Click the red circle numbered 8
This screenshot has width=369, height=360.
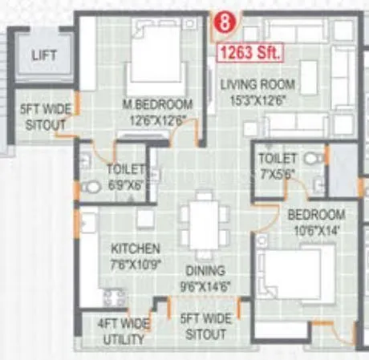point(227,23)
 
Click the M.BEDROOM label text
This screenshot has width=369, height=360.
point(157,104)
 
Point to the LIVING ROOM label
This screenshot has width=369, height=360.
point(258,84)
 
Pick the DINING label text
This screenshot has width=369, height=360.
point(205,270)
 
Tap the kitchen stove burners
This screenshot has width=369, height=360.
point(112,297)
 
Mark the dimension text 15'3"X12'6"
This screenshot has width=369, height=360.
point(257,99)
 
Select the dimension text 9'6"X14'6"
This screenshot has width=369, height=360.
point(205,285)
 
